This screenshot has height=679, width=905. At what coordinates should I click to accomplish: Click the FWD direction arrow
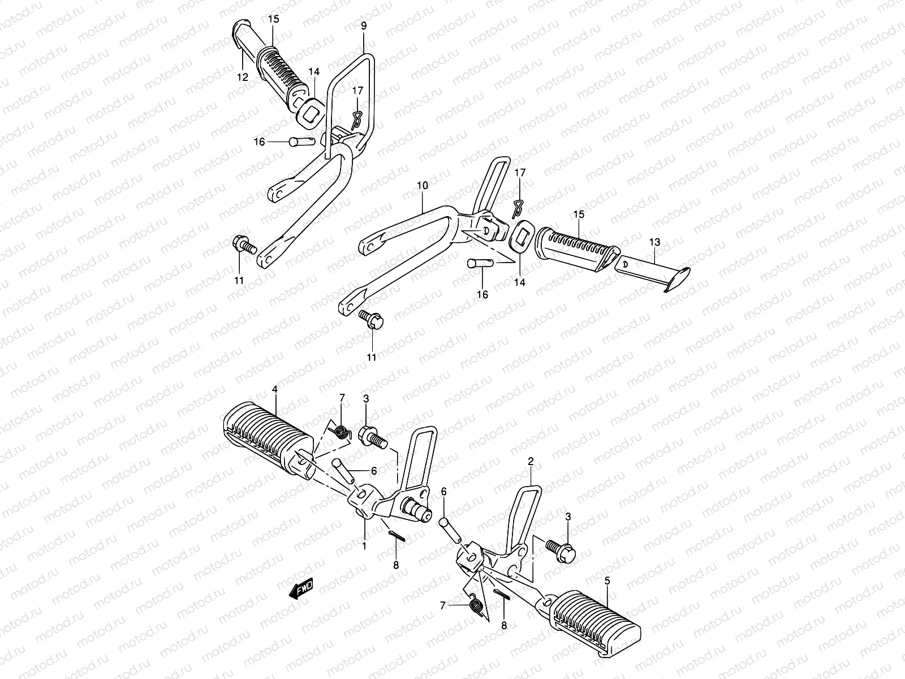click(301, 590)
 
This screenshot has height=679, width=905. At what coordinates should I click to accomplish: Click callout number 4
click(274, 389)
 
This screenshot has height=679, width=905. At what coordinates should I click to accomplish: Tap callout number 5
click(607, 581)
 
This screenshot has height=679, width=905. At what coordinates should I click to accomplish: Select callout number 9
click(364, 26)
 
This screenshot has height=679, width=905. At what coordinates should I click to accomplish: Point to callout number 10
click(423, 186)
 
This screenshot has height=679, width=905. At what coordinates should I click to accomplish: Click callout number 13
click(654, 243)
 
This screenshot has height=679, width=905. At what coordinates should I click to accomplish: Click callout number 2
click(531, 462)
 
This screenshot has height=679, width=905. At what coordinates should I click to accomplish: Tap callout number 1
click(364, 546)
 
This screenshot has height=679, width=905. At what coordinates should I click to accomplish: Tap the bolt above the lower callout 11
click(373, 320)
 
